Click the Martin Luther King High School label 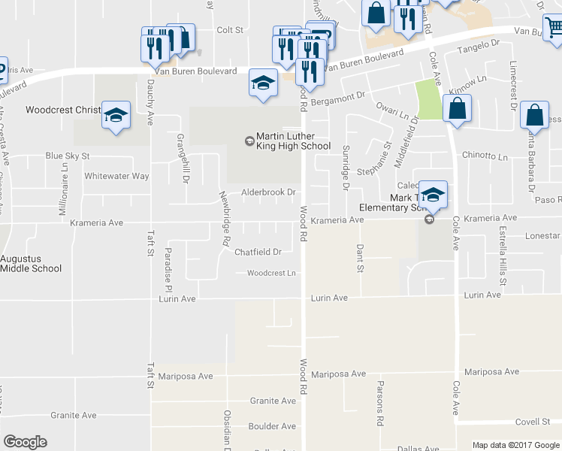tap(293, 141)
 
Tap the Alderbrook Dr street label tap(268, 192)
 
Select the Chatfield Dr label tap(258, 252)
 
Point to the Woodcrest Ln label tap(271, 273)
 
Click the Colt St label tap(230, 30)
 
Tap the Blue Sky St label tap(68, 156)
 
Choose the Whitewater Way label tap(116, 176)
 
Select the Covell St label tap(533, 422)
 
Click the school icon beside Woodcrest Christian tap(116, 115)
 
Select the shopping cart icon tap(554, 27)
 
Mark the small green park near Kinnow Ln tap(429, 100)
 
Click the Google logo tap(25, 442)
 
